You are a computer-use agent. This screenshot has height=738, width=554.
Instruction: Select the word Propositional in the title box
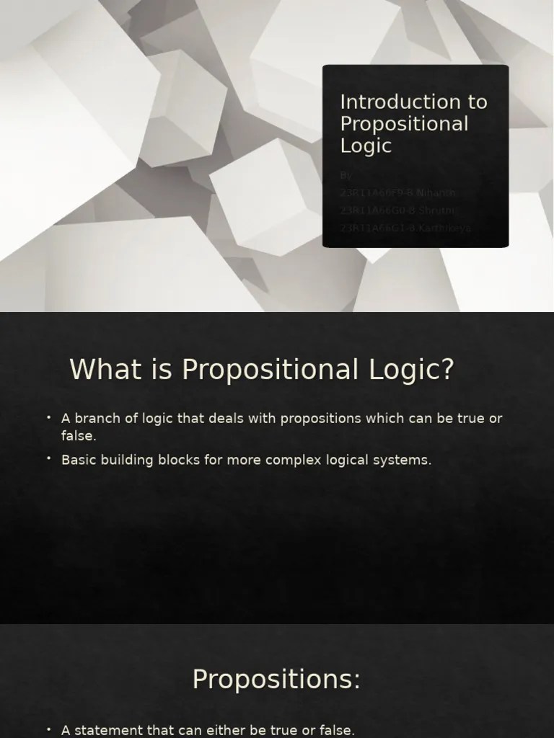(x=404, y=124)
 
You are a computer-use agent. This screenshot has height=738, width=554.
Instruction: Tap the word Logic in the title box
(x=366, y=146)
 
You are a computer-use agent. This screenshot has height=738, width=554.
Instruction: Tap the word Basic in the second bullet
(x=79, y=460)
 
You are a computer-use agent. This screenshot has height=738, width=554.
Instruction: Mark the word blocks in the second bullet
(x=180, y=460)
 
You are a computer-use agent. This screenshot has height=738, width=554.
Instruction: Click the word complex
(x=294, y=460)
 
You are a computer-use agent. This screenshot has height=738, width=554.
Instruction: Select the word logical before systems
(x=345, y=460)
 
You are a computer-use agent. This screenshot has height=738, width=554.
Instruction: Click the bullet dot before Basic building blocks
(x=48, y=458)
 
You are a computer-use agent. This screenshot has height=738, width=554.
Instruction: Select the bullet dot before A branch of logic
(x=48, y=417)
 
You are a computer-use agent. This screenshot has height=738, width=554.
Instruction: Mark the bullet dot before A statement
(x=48, y=729)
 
